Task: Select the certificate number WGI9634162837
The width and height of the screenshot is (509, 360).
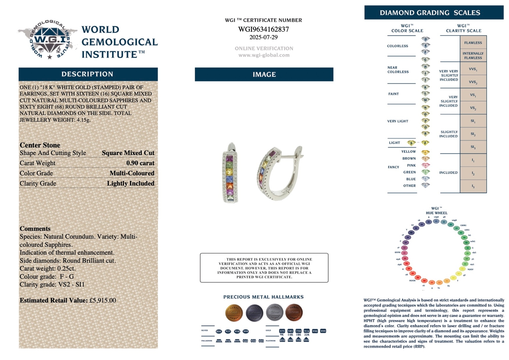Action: coord(264,29)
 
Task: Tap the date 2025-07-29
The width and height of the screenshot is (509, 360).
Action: coord(264,37)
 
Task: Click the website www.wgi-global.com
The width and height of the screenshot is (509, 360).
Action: coord(264,55)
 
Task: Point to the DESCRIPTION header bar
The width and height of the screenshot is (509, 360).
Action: coord(88,74)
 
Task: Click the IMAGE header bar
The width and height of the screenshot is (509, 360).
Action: coord(264,74)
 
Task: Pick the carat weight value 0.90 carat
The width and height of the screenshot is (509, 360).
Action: coord(140,163)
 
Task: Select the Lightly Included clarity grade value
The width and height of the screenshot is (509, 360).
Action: coord(130,183)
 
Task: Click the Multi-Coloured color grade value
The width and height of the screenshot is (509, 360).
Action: coord(132,173)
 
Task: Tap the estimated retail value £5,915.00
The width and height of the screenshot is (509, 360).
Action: coord(103,300)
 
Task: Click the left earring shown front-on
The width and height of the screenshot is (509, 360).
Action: coord(230,173)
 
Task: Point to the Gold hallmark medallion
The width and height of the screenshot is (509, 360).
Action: coord(234,312)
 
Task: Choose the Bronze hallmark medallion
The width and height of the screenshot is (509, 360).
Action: coord(294,312)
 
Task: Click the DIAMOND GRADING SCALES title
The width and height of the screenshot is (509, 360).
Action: coord(430,13)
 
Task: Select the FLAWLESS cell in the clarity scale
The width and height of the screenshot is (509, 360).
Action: coord(473,43)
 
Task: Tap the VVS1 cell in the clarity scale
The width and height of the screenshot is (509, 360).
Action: coord(473,69)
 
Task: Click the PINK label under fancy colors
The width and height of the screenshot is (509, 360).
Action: coord(411,165)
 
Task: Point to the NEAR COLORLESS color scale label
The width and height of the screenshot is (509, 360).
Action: coord(398,70)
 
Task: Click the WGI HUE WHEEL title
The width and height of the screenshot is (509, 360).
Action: coord(437,211)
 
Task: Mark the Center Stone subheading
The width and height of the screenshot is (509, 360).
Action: coord(40,145)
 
